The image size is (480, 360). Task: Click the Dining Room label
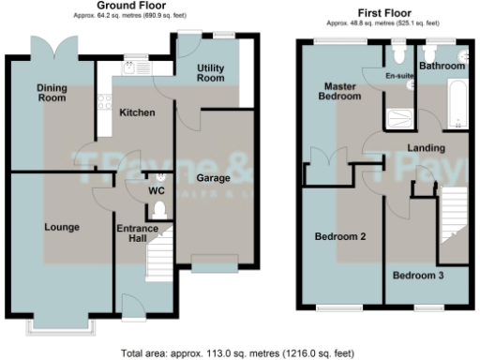tap(52, 93)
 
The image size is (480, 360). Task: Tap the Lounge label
tap(60, 226)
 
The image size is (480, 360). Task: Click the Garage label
tap(215, 176)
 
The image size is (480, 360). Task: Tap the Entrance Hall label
tap(136, 233)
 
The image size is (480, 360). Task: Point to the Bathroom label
tap(441, 67)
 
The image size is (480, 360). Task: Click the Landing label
tap(426, 148)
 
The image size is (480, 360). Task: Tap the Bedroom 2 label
tap(339, 236)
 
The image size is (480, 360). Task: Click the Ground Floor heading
tap(105, 7)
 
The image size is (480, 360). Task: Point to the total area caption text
tap(237, 353)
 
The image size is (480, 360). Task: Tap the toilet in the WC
tap(159, 211)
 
